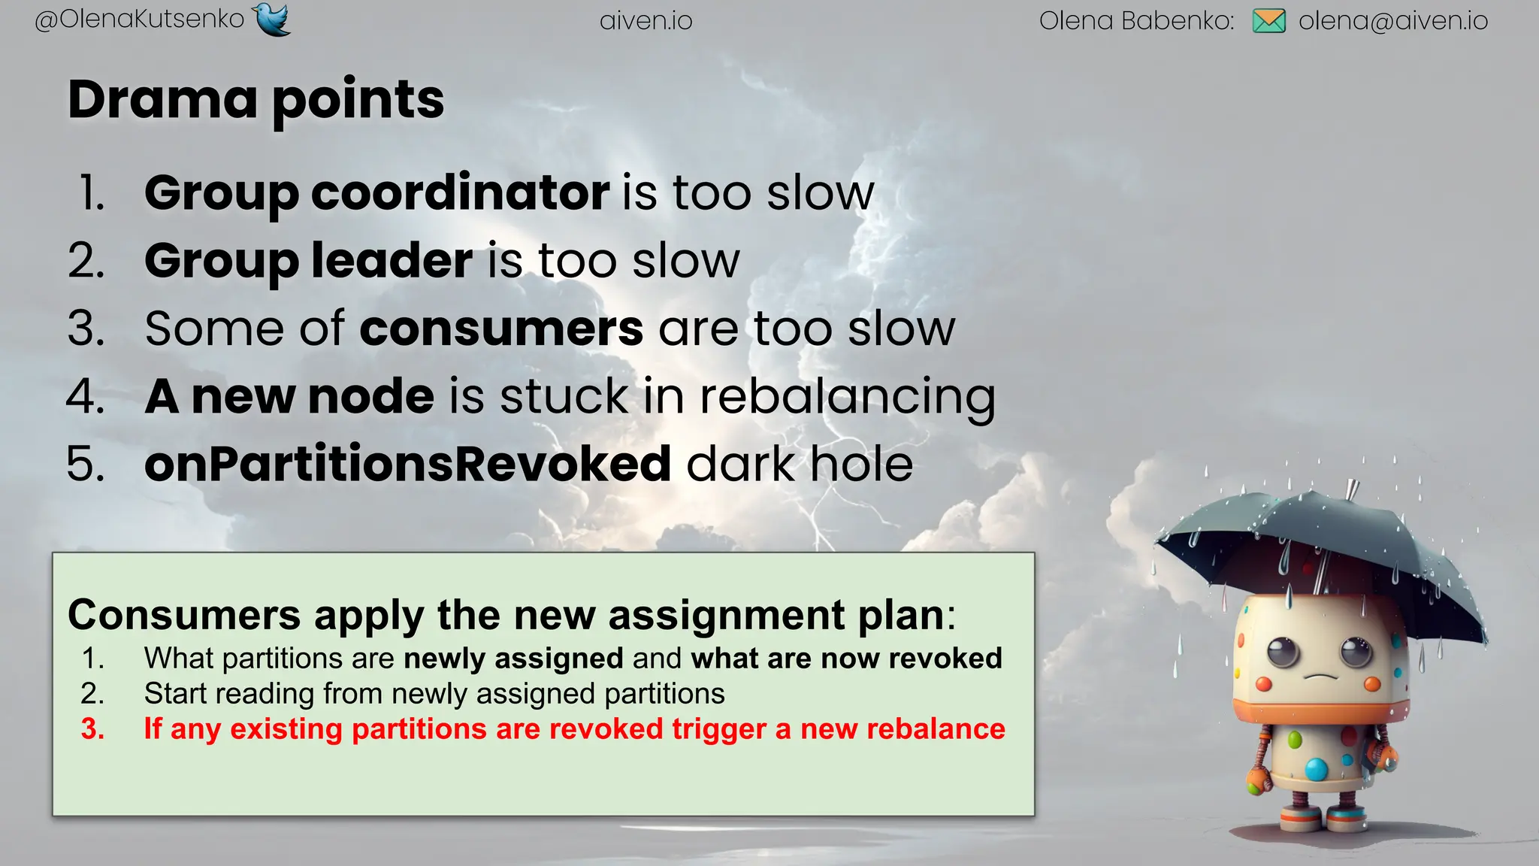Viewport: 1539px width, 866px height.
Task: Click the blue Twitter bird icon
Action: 272,20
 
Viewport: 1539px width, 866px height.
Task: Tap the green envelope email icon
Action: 1268,21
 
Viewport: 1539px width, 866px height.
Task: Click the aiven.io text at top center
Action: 646,21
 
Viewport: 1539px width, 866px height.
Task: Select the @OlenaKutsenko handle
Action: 140,20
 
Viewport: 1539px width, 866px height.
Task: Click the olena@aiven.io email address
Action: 1392,21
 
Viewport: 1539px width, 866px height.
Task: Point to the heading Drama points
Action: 255,99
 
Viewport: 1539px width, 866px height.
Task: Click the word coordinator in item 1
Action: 460,193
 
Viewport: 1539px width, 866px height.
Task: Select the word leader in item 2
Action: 392,261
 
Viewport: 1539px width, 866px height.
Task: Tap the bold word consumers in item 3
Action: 501,329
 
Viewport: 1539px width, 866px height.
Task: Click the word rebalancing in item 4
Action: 847,397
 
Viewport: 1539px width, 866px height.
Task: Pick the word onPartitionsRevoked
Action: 407,464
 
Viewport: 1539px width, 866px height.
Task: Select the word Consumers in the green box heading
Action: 183,615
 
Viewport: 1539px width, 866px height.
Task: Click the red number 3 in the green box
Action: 92,729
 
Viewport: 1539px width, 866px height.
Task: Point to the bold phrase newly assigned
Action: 513,659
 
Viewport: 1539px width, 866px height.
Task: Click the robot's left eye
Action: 1283,651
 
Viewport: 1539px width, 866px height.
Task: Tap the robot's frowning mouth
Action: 1321,676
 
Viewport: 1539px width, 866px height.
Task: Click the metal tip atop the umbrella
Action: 1352,489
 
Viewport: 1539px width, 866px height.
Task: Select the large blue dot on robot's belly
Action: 1316,769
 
